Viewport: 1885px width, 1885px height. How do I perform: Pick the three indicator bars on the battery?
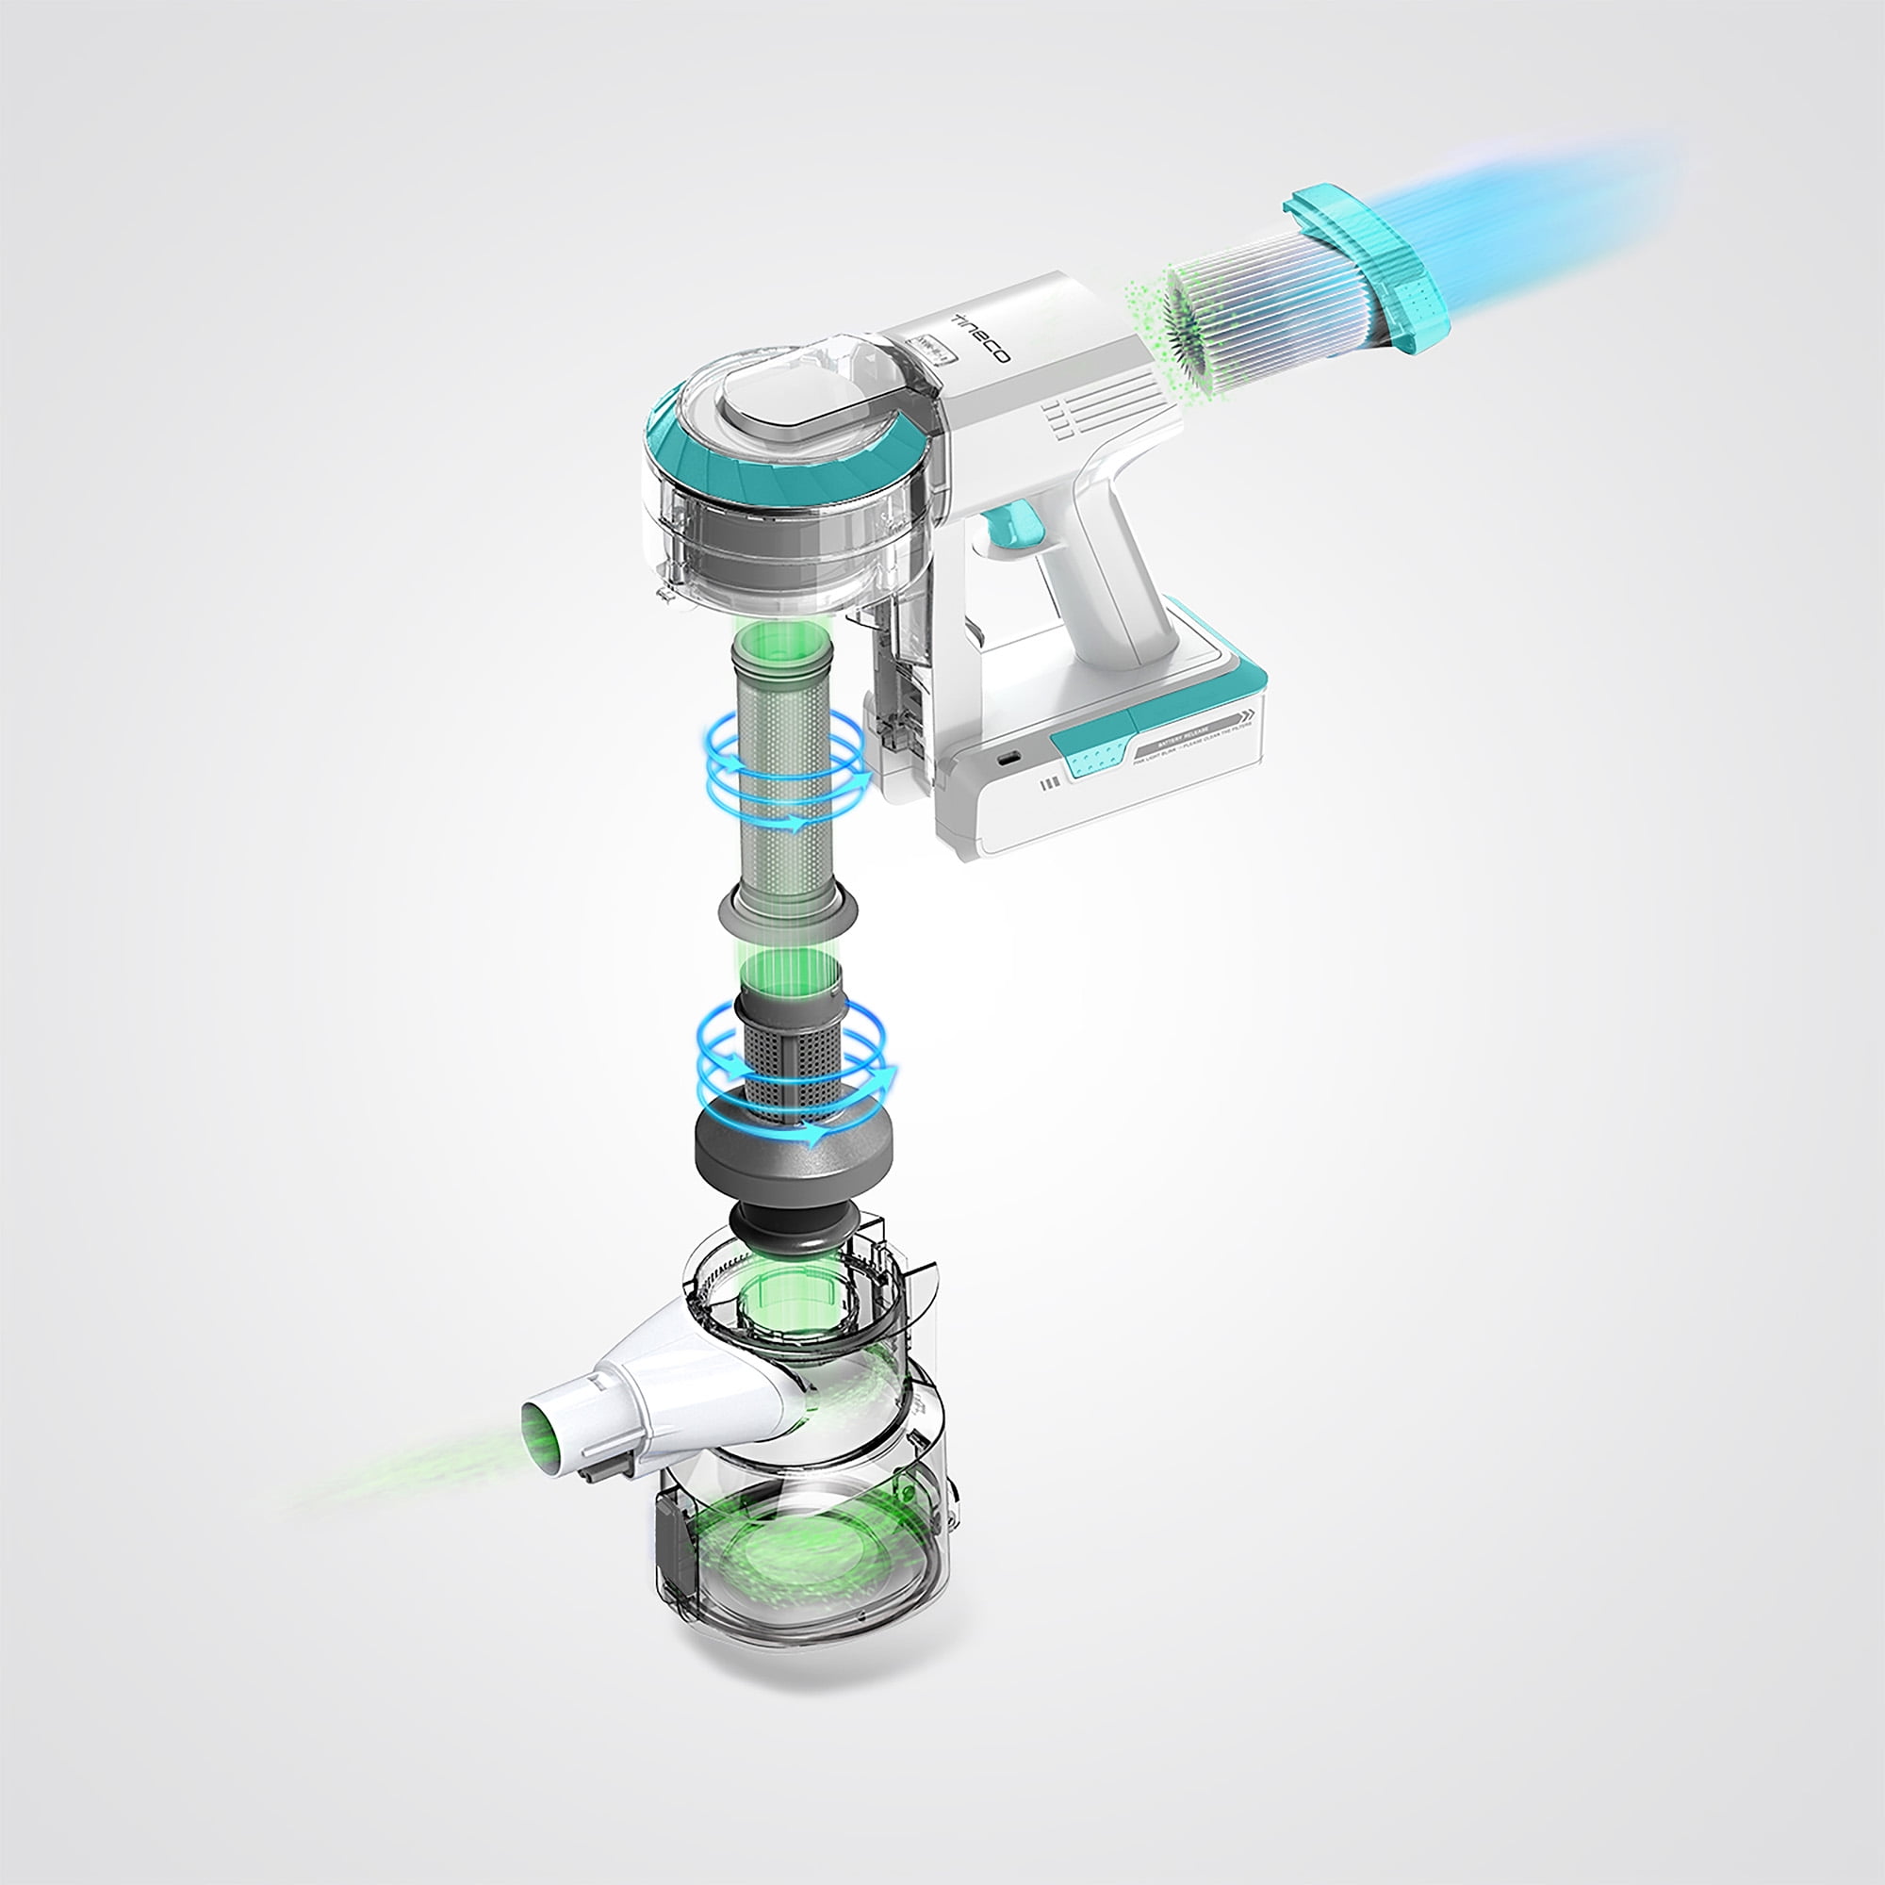coord(1050,783)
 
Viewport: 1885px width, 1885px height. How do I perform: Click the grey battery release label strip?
coord(1190,738)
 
